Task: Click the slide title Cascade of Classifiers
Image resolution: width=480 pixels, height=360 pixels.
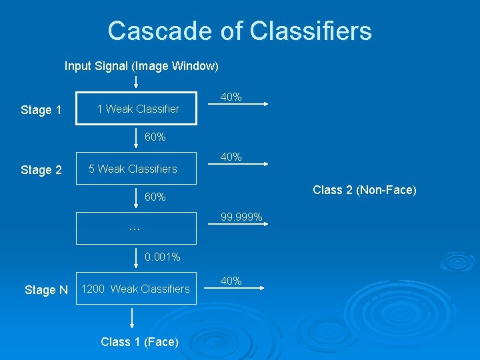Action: click(x=239, y=31)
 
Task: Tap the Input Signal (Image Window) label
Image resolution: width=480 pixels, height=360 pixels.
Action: click(x=141, y=66)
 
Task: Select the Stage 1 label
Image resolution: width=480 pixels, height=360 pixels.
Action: click(x=41, y=110)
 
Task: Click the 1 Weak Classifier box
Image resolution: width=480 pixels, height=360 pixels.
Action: click(x=137, y=109)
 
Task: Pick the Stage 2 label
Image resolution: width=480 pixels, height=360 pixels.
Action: click(x=41, y=170)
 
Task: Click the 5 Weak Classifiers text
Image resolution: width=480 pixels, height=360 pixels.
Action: click(x=133, y=169)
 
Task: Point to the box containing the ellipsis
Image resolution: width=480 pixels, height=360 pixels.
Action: click(x=137, y=229)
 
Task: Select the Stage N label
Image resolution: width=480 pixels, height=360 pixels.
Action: click(x=46, y=289)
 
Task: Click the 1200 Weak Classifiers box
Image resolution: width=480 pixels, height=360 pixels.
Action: click(x=137, y=289)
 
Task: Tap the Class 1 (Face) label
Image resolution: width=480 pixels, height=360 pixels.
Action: click(x=139, y=342)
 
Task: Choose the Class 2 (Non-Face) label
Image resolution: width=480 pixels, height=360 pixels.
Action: click(x=365, y=190)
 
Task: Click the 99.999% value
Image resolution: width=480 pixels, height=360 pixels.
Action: click(x=241, y=217)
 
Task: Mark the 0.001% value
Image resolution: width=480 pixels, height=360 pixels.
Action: click(x=162, y=257)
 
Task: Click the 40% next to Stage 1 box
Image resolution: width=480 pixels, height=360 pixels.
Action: click(x=231, y=97)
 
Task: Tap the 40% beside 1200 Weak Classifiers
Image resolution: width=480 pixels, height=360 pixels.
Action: click(x=231, y=281)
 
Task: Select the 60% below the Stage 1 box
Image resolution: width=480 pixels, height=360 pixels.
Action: click(x=155, y=137)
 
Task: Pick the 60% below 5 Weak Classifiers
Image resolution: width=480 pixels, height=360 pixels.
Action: click(x=155, y=197)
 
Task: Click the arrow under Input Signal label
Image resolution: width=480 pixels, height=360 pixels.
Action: click(x=136, y=82)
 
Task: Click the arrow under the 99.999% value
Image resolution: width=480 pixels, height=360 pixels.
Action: click(x=244, y=227)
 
